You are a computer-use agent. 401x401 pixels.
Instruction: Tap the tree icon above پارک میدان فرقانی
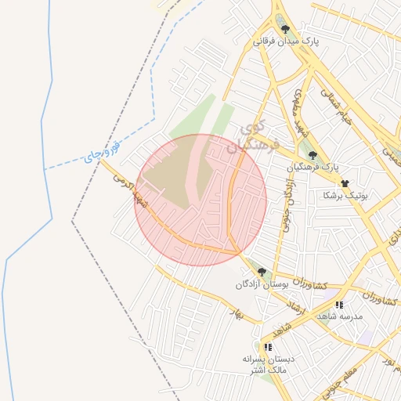285,29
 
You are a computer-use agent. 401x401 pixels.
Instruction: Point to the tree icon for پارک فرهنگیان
313,155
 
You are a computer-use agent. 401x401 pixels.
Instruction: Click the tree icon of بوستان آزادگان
262,272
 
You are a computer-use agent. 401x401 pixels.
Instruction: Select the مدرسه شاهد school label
339,316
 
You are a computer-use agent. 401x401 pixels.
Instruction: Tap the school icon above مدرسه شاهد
339,304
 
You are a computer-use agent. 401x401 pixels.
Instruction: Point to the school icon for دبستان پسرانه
268,346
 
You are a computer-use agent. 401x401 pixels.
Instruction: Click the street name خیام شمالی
334,104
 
